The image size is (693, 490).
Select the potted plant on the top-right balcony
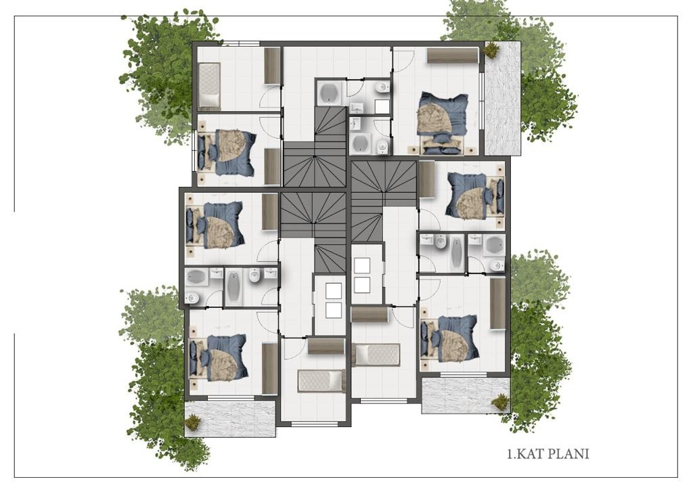(491, 49)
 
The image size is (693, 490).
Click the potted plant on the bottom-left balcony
(193, 422)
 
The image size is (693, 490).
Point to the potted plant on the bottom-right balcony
(500, 401)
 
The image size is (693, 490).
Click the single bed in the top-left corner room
(208, 85)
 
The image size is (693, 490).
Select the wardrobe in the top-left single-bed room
(272, 66)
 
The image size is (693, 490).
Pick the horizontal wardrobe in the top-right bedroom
(453, 55)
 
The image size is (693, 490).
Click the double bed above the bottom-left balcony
(217, 357)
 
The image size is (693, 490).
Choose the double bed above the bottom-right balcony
(450, 338)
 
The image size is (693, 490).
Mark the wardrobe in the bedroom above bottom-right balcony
(497, 303)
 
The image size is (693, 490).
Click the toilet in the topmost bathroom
(382, 87)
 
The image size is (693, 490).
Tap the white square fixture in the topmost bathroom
(382, 106)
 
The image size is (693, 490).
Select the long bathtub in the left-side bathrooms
(233, 287)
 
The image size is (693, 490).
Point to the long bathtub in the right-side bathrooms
(457, 252)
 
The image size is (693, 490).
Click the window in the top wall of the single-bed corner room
(240, 44)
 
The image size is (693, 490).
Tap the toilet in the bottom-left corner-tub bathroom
(192, 298)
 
